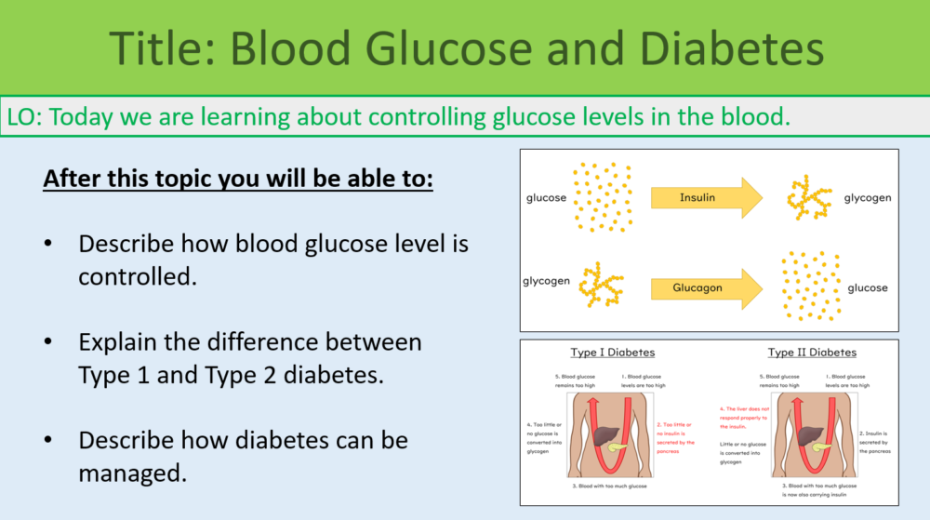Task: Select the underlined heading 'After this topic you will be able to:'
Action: [x=238, y=178]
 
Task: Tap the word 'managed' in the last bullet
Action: [x=128, y=472]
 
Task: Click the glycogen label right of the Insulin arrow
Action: [x=867, y=198]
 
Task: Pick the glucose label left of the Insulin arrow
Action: [x=546, y=198]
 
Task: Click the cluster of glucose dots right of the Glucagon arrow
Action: [x=810, y=286]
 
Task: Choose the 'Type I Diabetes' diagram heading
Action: [x=612, y=353]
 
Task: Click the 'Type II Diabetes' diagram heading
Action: [x=811, y=353]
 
